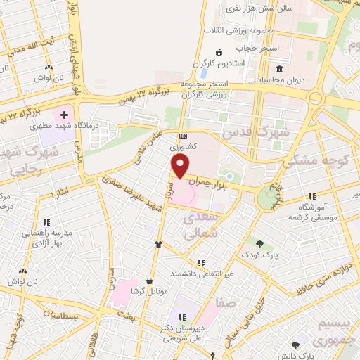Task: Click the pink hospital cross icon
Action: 65,114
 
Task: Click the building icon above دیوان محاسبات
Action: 279,69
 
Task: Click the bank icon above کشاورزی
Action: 184,136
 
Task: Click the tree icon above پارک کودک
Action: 259,244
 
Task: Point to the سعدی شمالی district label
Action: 202,226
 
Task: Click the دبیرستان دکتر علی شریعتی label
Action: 185,333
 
